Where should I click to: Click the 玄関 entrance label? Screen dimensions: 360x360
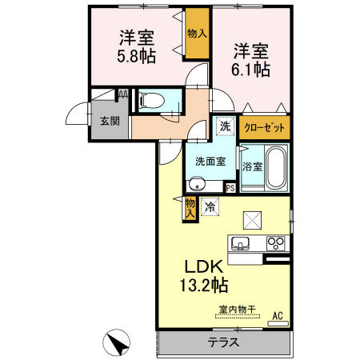click(x=110, y=122)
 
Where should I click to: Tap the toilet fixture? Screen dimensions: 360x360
click(x=153, y=100)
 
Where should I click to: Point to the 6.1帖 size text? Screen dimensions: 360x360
click(x=251, y=69)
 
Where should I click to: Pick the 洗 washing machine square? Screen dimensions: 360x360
click(x=225, y=126)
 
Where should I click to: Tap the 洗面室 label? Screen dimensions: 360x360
click(x=210, y=160)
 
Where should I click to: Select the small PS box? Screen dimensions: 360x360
click(x=230, y=188)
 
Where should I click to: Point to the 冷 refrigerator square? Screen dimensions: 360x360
click(x=210, y=206)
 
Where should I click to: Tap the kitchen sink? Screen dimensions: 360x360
click(x=241, y=243)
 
